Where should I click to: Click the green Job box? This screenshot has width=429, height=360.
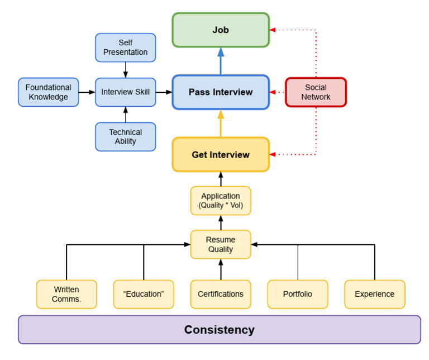pos(221,30)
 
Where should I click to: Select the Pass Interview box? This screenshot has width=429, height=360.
pos(221,92)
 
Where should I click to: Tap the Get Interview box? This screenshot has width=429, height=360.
pos(221,154)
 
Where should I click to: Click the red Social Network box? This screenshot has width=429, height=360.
pos(316,92)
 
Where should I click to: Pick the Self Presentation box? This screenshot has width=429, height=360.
pos(125,48)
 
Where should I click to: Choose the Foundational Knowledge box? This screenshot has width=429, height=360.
pos(49,92)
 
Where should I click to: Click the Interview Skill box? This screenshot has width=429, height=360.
pos(125,92)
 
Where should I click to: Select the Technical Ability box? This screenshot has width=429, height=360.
pos(125,137)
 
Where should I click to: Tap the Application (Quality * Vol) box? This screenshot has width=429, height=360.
pos(221,201)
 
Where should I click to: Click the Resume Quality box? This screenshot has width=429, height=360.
pos(221,244)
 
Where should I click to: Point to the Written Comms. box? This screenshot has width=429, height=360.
pos(66,294)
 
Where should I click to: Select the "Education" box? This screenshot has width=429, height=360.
pos(144,294)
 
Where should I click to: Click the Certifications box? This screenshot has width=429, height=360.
pos(221,294)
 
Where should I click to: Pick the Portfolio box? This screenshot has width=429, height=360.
pos(298,294)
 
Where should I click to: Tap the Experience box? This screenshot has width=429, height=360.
pos(374,294)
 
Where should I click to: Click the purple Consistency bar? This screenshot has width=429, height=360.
pos(220,329)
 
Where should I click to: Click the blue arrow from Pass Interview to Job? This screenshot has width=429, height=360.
pos(221,61)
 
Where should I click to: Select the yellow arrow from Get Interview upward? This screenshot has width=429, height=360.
pos(221,124)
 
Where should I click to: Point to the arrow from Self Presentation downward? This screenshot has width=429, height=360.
pos(125,70)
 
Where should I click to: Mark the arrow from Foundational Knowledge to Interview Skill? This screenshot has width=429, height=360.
pos(87,92)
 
